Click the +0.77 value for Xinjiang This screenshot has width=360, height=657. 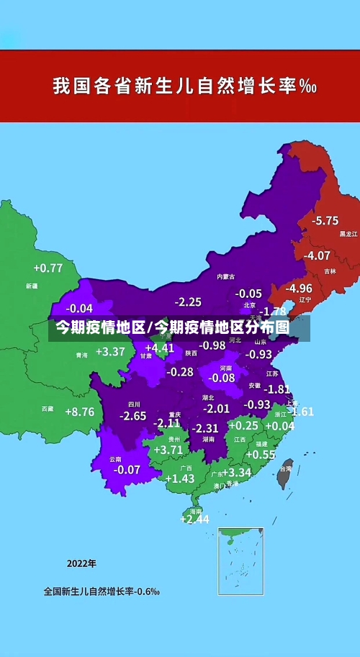coord(48,268)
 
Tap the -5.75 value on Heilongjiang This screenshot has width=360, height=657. coord(325,220)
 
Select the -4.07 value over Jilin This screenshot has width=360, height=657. coord(317,255)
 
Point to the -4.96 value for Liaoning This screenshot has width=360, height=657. coord(298,288)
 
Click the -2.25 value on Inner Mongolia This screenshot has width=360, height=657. coord(188,302)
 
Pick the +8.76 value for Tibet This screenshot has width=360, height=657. coord(79,412)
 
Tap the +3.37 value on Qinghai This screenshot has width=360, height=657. coord(110,352)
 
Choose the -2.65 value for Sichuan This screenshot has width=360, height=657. coord(133,416)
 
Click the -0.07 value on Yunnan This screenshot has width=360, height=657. coord(127,469)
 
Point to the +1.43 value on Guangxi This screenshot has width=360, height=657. coord(180,479)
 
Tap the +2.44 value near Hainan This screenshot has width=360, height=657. coord(194,519)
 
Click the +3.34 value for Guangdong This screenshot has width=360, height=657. coord(236,473)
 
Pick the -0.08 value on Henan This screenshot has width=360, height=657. coord(221,378)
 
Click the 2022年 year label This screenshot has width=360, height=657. coord(81,563)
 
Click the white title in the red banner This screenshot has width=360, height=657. coord(184,86)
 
